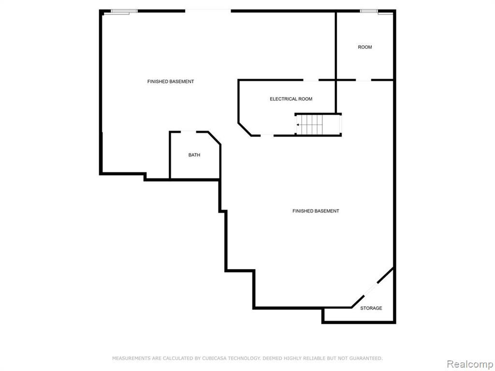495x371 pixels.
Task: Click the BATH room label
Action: tap(194, 155)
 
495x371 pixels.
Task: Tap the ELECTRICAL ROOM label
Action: tap(291, 99)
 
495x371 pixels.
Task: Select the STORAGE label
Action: tap(371, 308)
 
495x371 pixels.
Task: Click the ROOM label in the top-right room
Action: tap(365, 47)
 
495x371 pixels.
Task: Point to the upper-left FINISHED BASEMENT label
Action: tap(171, 81)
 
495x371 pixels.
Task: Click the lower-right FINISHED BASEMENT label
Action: tap(316, 211)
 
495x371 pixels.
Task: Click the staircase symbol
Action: tap(318, 125)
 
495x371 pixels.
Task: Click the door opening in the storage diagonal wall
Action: tap(371, 289)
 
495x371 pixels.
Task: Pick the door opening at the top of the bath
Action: tap(189, 131)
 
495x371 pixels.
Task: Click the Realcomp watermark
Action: tap(470, 364)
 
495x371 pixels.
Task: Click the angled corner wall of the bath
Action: tap(214, 138)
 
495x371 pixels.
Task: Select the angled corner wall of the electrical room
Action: tap(245, 129)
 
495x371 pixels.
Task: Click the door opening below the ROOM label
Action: tap(364, 80)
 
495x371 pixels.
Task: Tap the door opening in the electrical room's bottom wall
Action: tap(267, 135)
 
